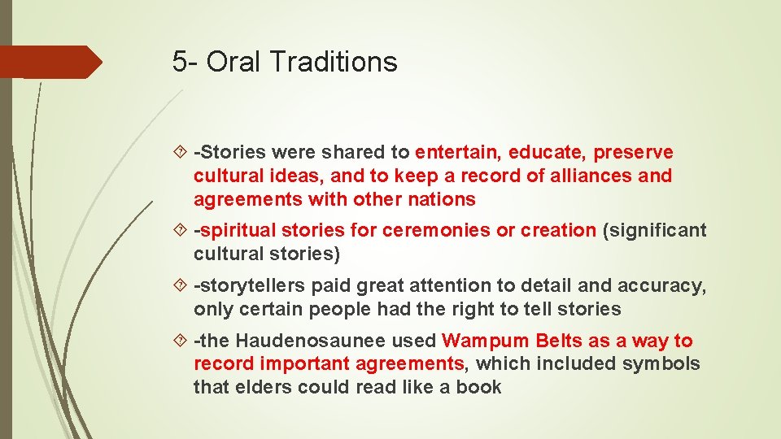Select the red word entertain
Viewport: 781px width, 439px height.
point(458,153)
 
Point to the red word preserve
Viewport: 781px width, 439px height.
point(633,153)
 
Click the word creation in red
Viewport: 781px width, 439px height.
point(558,231)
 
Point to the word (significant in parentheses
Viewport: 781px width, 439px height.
point(654,231)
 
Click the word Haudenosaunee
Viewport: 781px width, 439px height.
point(333,341)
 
